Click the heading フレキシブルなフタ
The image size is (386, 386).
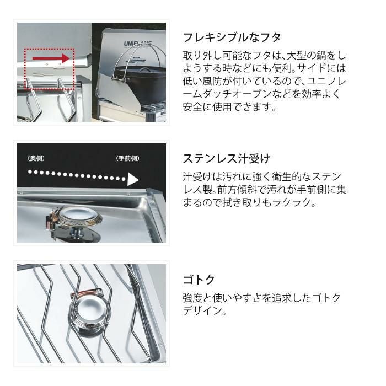(x=232, y=37)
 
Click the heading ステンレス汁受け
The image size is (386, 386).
(x=226, y=159)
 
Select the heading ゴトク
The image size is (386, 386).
(x=199, y=280)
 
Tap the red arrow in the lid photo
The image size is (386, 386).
(x=51, y=57)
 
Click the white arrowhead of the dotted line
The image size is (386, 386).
(x=133, y=179)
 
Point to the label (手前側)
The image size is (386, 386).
(x=128, y=159)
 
